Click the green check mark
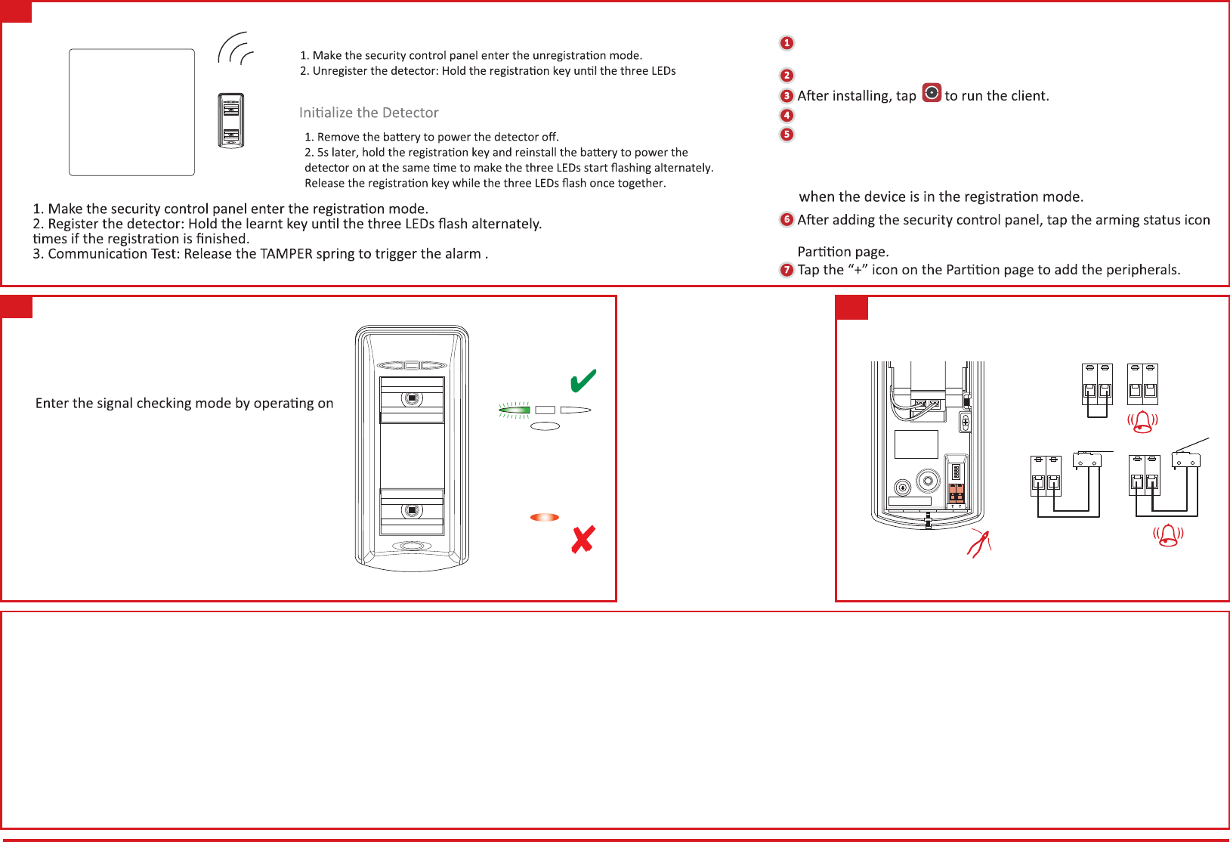[x=583, y=381]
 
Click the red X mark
[x=583, y=540]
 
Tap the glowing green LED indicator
[x=515, y=410]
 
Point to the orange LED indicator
[x=545, y=518]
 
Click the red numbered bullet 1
[x=787, y=43]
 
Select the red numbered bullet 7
[x=787, y=270]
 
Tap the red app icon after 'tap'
[x=932, y=93]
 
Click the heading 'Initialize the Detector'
[x=369, y=113]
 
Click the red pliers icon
[x=979, y=543]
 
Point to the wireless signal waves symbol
[x=235, y=49]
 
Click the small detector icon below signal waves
[x=231, y=121]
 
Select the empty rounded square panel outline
[x=132, y=113]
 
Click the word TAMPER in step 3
[x=286, y=254]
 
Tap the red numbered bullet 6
[x=787, y=219]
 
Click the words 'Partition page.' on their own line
[x=843, y=252]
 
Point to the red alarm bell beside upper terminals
[x=1142, y=422]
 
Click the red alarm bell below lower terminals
[x=1168, y=535]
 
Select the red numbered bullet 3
[x=787, y=96]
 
